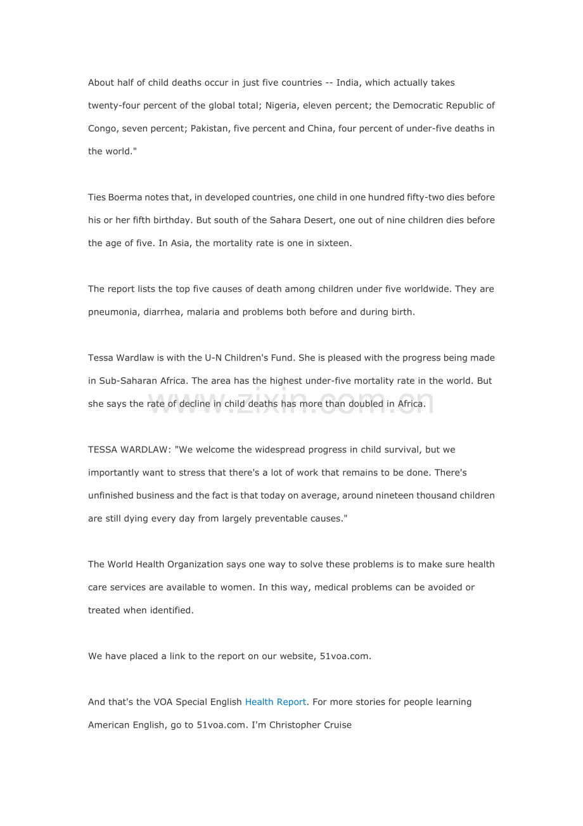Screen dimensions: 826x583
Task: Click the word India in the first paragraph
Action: [x=347, y=82]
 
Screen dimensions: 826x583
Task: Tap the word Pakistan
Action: [x=209, y=128]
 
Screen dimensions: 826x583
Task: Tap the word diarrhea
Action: [x=162, y=312]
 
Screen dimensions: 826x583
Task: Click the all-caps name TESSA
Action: [x=102, y=450]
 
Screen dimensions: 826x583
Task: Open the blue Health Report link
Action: [x=276, y=702]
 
